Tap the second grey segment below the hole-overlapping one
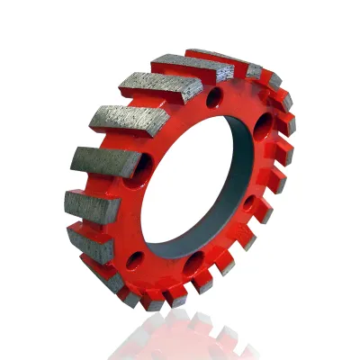coord(90,241)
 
